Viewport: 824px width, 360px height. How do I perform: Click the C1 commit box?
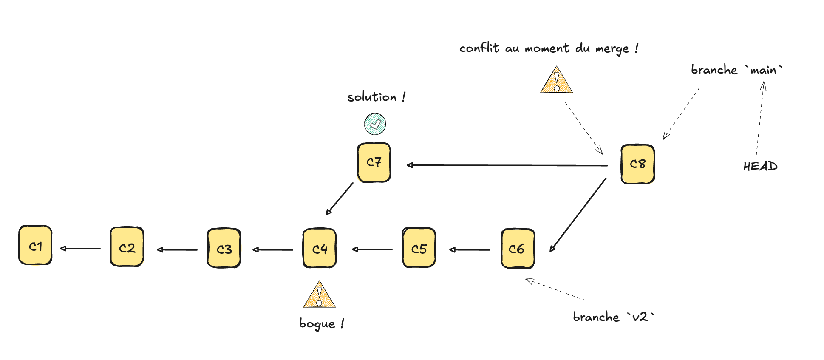[35, 245]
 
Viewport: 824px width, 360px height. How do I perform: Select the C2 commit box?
[127, 247]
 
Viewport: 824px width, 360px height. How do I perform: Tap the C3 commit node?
[224, 248]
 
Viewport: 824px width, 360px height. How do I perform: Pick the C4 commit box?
[320, 248]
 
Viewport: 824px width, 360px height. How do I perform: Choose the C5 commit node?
[419, 248]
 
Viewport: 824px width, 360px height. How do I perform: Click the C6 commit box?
[518, 248]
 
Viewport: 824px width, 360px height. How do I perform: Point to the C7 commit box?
[374, 162]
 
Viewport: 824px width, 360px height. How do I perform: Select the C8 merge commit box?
[637, 164]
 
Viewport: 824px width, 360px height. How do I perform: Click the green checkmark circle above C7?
[375, 124]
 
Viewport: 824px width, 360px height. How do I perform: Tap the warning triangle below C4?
[320, 295]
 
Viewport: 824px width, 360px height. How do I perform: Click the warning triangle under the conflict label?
[556, 81]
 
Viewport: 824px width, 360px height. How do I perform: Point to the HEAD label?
[760, 166]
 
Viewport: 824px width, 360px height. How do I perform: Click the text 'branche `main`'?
[736, 70]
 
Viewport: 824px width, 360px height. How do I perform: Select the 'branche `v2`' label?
[613, 317]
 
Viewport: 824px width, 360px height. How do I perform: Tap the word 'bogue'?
[317, 324]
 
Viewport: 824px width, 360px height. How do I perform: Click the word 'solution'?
[372, 97]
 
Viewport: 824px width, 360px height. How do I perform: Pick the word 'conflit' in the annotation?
[479, 48]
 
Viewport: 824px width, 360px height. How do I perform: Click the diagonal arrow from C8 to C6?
[578, 215]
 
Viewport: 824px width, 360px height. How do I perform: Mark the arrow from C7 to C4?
[340, 199]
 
